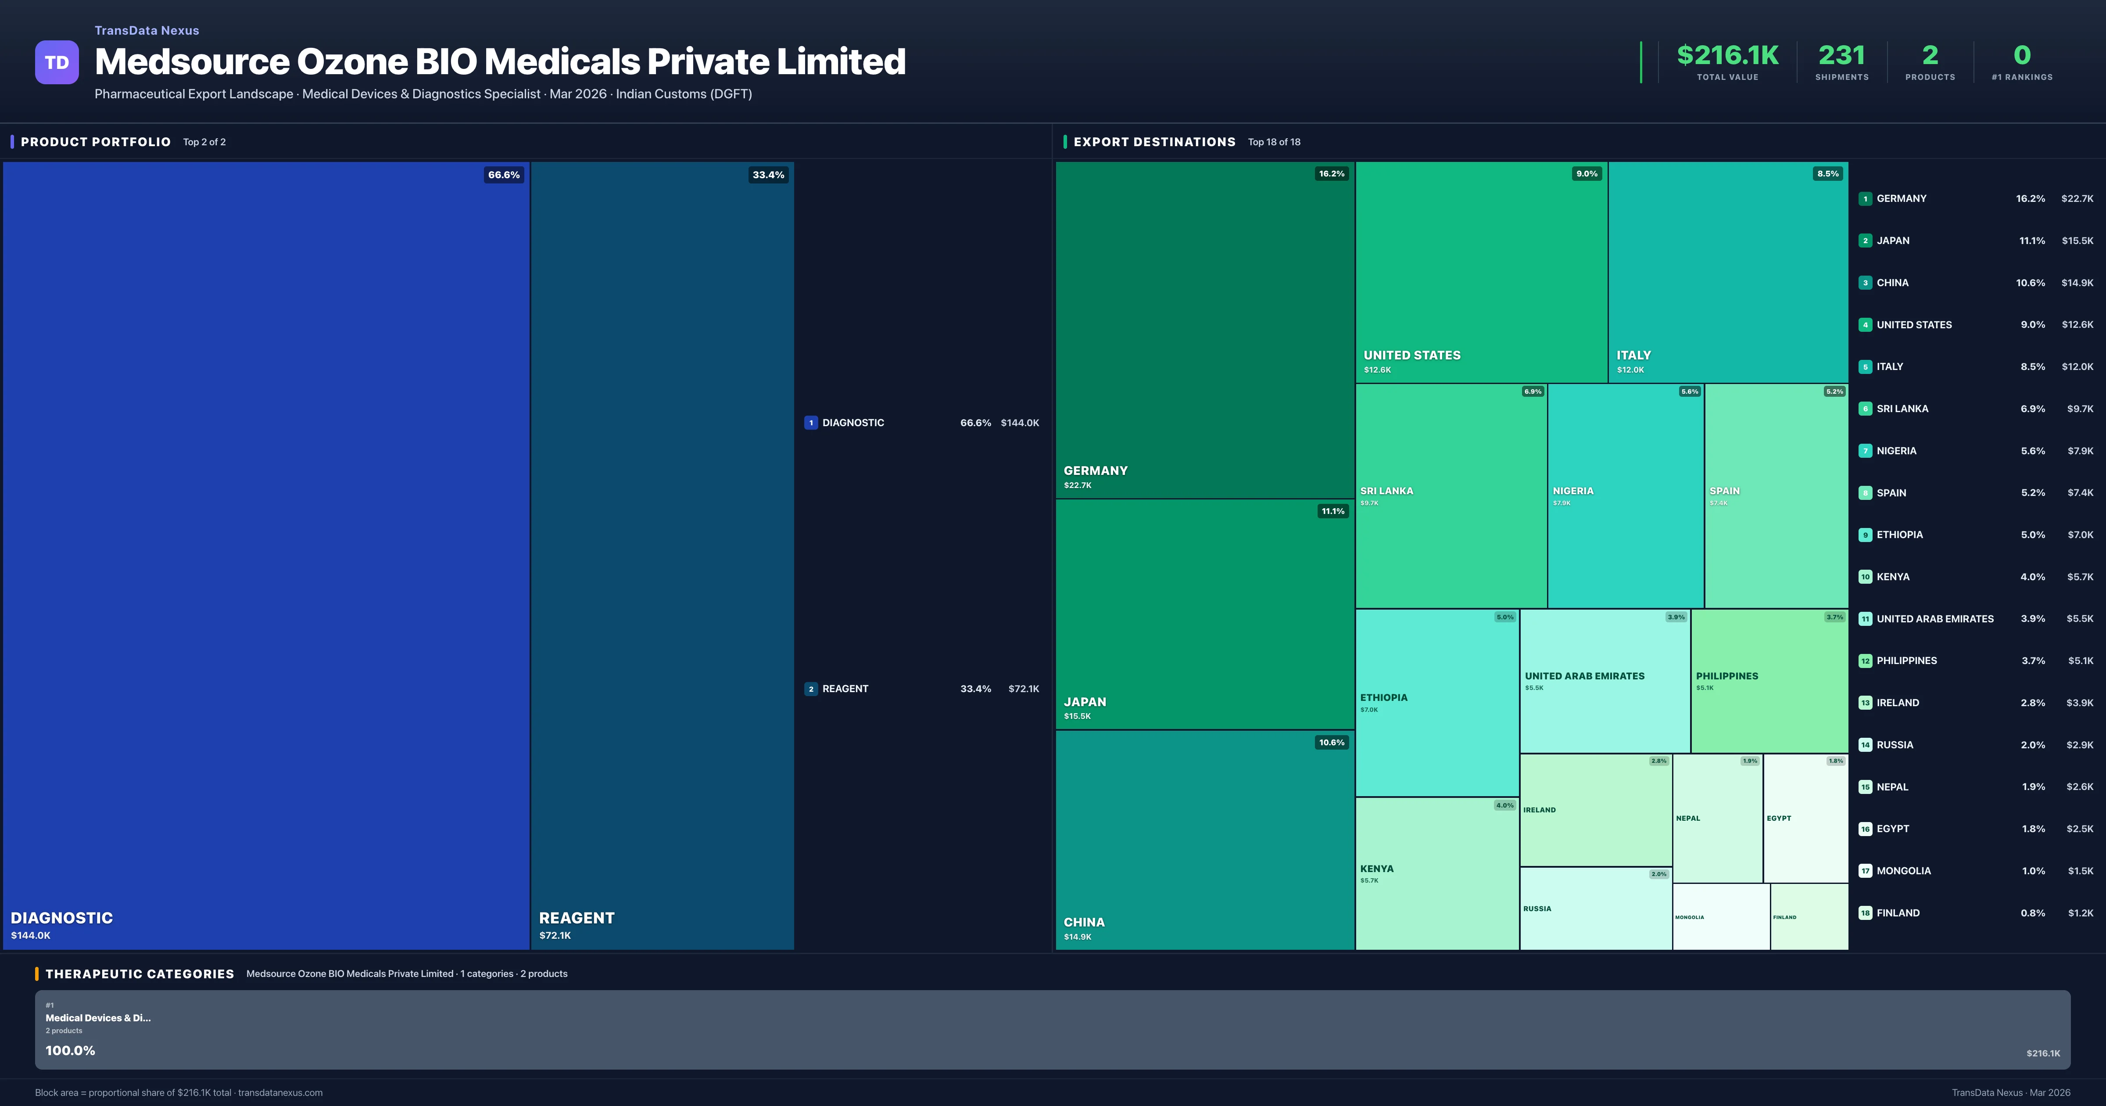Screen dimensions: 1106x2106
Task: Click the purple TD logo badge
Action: [x=57, y=62]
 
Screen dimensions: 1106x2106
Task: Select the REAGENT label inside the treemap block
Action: [x=577, y=918]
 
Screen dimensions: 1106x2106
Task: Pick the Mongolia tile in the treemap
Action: [x=1721, y=917]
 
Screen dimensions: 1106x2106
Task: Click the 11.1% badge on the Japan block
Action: [x=1332, y=511]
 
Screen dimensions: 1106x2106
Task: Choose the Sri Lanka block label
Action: [x=1386, y=491]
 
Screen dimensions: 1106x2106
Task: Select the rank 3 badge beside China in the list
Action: [x=1865, y=283]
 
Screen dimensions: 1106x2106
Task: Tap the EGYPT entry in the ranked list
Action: [x=1893, y=829]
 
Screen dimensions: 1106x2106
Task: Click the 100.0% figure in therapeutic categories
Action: [x=70, y=1050]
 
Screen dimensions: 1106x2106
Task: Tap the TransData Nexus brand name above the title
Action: [x=147, y=30]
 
